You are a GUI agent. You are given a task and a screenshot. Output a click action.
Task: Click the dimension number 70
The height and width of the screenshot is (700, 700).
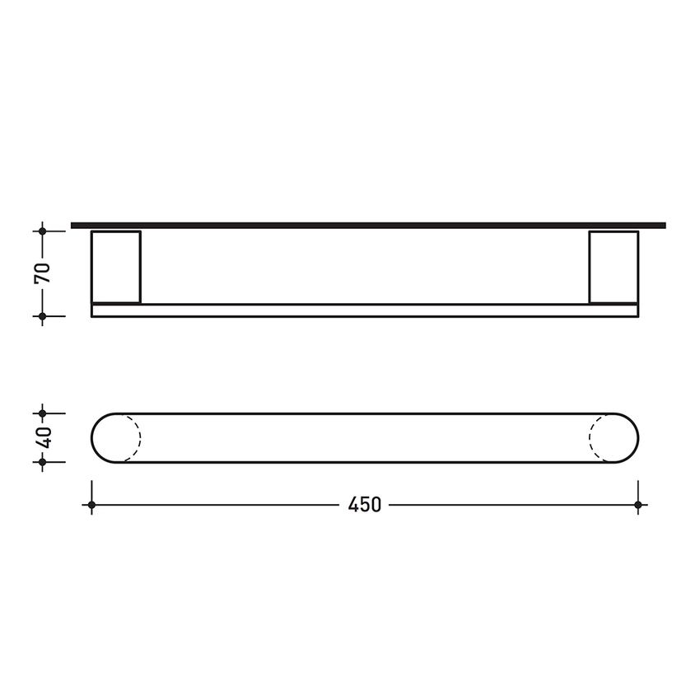tap(43, 273)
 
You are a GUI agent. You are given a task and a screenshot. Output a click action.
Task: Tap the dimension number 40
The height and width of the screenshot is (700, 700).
tap(43, 437)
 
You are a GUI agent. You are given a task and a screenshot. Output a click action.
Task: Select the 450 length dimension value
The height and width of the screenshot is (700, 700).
tap(364, 505)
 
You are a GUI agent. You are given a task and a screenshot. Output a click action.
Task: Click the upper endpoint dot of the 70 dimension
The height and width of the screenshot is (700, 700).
tap(43, 231)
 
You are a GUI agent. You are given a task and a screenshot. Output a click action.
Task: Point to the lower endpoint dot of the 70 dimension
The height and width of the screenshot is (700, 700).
tap(43, 315)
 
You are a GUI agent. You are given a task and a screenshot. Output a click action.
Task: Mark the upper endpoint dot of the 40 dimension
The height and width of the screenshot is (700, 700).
tap(43, 413)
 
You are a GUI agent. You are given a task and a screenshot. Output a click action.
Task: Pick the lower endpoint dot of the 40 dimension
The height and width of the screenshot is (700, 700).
tap(43, 462)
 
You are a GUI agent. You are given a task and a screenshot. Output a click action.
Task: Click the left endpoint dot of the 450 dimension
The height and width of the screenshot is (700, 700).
tap(91, 505)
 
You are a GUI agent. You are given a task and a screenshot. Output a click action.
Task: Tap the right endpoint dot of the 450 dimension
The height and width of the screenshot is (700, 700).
tap(637, 505)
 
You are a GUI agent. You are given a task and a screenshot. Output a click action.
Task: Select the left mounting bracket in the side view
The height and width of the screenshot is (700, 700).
tap(116, 267)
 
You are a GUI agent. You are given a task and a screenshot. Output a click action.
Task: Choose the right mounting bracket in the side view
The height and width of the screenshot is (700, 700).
tap(614, 267)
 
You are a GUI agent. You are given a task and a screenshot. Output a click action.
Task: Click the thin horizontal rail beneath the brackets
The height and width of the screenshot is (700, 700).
tap(364, 310)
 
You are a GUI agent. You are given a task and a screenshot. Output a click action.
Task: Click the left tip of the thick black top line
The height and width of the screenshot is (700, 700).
tap(73, 225)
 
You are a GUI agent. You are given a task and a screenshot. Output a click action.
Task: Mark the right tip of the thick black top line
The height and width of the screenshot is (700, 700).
tap(663, 225)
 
